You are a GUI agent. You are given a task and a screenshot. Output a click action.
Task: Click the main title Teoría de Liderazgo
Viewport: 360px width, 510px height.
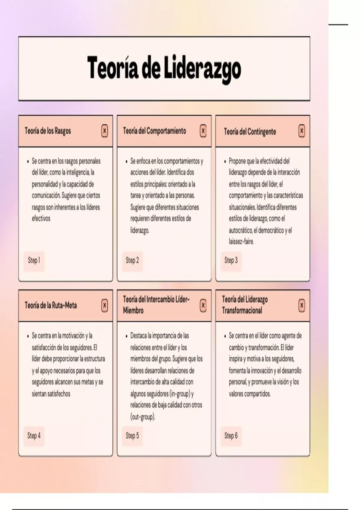(164, 69)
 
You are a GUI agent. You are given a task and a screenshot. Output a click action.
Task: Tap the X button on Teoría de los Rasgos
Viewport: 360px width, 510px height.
(104, 131)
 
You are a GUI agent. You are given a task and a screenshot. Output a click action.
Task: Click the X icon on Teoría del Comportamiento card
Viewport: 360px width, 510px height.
(203, 131)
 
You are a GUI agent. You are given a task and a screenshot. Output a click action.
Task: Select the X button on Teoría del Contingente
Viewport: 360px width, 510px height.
(302, 131)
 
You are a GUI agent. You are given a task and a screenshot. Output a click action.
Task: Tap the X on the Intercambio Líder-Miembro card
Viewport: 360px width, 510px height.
(203, 305)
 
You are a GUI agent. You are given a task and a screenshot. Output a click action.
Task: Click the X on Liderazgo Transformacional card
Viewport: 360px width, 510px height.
(302, 305)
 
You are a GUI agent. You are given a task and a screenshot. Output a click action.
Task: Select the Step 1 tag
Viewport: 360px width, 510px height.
(34, 260)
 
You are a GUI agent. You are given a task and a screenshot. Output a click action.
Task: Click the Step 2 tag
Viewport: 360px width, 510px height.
(132, 260)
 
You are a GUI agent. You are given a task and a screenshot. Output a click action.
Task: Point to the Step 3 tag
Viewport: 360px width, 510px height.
(231, 260)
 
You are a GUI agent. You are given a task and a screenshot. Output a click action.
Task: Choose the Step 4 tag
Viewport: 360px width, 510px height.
(34, 436)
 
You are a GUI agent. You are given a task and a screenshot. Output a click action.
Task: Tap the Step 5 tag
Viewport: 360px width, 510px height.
(132, 436)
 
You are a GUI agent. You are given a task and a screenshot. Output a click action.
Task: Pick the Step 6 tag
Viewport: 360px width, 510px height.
(231, 436)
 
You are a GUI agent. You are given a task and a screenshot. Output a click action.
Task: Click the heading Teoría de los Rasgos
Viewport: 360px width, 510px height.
(48, 131)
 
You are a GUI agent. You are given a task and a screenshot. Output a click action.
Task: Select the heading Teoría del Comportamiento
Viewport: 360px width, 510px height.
(154, 131)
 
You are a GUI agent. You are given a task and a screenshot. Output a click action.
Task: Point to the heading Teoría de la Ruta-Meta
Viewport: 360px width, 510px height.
(51, 305)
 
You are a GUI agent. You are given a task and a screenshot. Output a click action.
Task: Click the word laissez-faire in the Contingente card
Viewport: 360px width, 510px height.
(241, 241)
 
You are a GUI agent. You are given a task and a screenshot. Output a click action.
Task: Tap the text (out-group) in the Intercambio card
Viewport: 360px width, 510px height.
(143, 417)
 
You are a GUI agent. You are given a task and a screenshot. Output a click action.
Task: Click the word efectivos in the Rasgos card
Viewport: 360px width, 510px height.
(41, 218)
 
